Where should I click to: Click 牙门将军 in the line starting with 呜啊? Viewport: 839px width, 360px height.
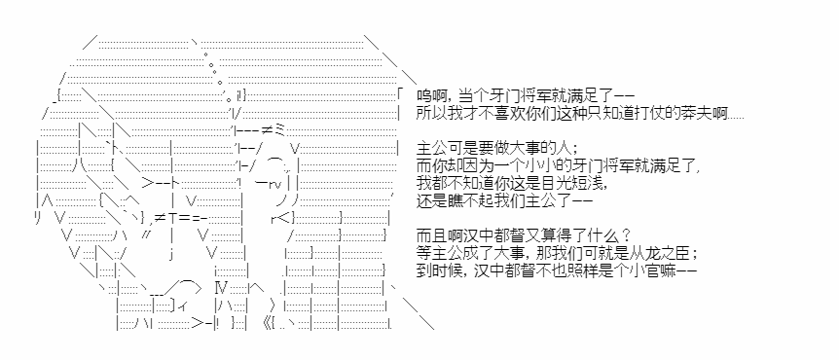(509, 96)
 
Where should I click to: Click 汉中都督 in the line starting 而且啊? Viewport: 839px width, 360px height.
(483, 235)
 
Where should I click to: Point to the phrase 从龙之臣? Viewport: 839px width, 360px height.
(668, 252)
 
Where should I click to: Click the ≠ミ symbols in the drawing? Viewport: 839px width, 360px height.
(275, 130)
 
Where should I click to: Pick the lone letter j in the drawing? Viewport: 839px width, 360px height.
(170, 254)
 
